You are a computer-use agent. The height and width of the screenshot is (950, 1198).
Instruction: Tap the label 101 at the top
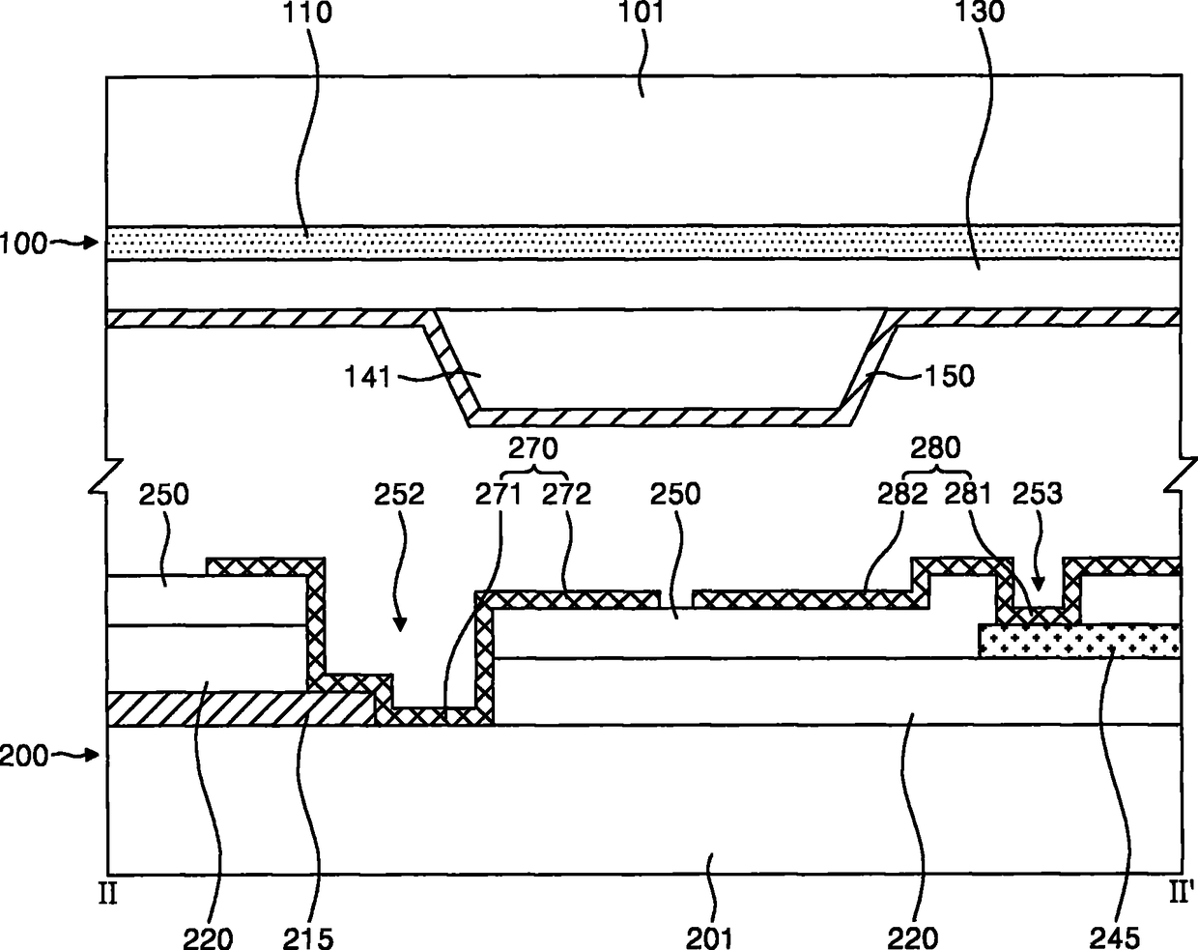point(642,15)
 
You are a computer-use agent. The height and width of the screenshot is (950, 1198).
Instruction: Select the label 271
point(498,495)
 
